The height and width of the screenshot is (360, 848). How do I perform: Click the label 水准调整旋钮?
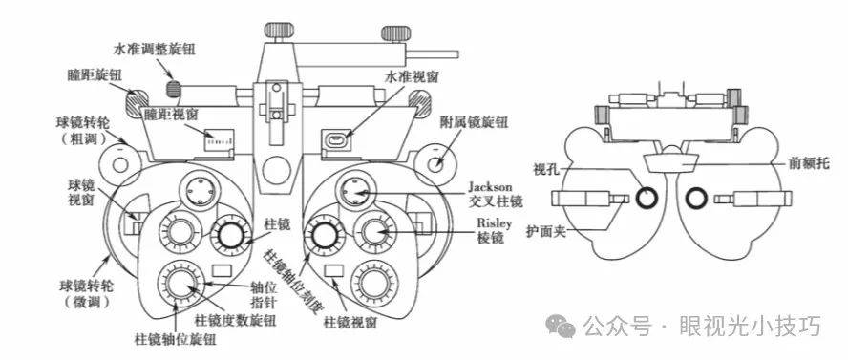pos(154,50)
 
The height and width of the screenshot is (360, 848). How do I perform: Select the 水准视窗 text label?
pos(412,77)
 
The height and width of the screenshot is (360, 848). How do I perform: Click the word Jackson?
pos(490,186)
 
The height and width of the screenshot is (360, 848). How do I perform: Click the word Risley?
pos(491,223)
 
